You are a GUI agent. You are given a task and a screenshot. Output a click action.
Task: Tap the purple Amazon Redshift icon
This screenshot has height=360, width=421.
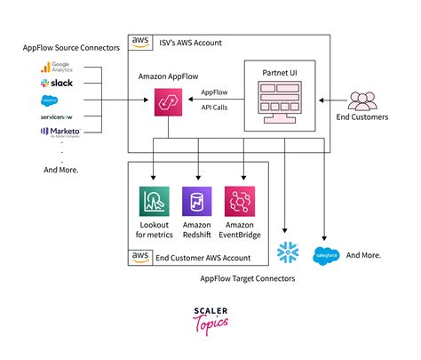pos(196,200)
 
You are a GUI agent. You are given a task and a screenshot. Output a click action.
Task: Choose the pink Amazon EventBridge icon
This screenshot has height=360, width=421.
pos(239,200)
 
